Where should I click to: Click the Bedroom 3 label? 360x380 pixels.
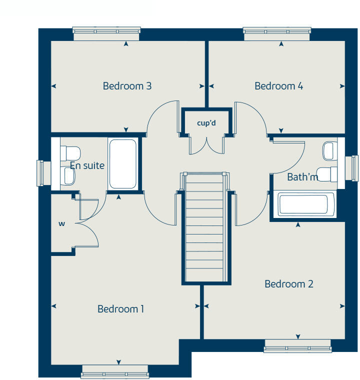tap(127, 86)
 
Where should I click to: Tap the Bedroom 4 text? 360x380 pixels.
tap(278, 86)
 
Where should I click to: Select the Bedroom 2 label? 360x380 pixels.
tap(288, 284)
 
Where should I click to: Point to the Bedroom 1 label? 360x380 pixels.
tap(120, 309)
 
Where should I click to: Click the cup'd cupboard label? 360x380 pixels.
tap(206, 123)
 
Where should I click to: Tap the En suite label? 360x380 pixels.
tap(87, 165)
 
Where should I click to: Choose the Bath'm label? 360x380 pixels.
tap(302, 177)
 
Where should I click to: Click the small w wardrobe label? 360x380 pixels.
tap(62, 223)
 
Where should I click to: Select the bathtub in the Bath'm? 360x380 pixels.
tap(303, 204)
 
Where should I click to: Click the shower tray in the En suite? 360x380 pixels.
tap(122, 163)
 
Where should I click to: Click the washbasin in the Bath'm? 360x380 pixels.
tap(329, 150)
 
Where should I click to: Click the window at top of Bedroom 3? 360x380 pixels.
tap(106, 32)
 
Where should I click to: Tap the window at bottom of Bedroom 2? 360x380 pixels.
tap(297, 345)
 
